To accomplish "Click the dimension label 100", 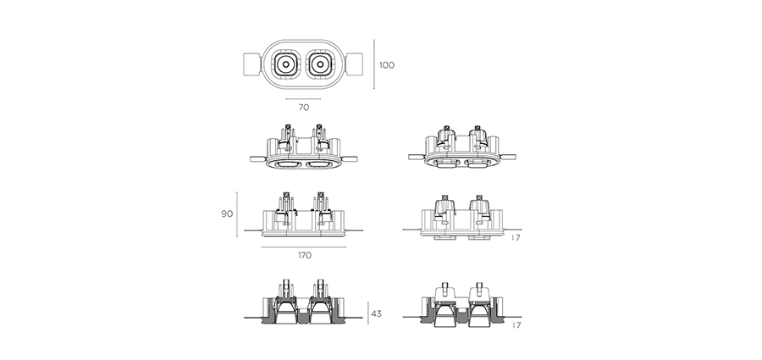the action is (387, 65).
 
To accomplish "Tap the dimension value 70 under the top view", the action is (304, 108).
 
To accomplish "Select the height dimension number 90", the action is (227, 213).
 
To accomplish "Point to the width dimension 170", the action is (305, 256).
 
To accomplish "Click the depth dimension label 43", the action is (376, 313).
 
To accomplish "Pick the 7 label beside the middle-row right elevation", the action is (518, 238).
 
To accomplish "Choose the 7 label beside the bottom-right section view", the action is (518, 325).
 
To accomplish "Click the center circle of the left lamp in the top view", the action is (286, 64).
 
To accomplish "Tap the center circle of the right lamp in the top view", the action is (321, 64).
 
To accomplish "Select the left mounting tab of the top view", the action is (252, 64).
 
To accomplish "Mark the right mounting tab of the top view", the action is (354, 64).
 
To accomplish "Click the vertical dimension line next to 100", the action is (374, 64).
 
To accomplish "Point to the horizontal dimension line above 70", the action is (303, 99).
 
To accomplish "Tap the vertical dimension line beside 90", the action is (237, 214).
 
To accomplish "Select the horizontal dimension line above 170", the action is (304, 247).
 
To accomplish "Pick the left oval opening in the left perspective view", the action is (287, 165).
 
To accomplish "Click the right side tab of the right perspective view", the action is (507, 157).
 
